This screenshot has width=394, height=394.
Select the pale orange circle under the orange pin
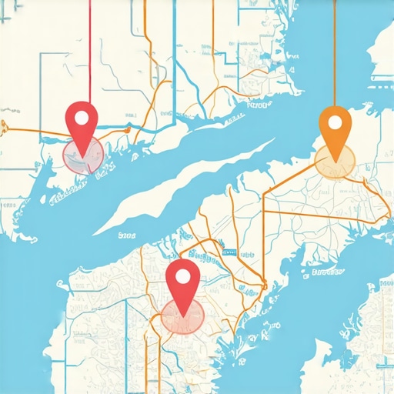pyautogui.click(x=335, y=161)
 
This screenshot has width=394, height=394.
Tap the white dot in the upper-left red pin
pyautogui.click(x=82, y=118)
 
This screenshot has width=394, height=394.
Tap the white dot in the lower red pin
pyautogui.click(x=183, y=276)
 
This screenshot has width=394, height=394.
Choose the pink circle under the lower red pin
pyautogui.click(x=182, y=316)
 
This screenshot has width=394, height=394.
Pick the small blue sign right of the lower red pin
pyautogui.click(x=228, y=252)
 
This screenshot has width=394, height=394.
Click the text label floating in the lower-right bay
pyautogui.click(x=322, y=271)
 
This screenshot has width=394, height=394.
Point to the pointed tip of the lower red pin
pyautogui.click(x=183, y=314)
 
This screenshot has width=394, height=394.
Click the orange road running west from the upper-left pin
pyautogui.click(x=31, y=132)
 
